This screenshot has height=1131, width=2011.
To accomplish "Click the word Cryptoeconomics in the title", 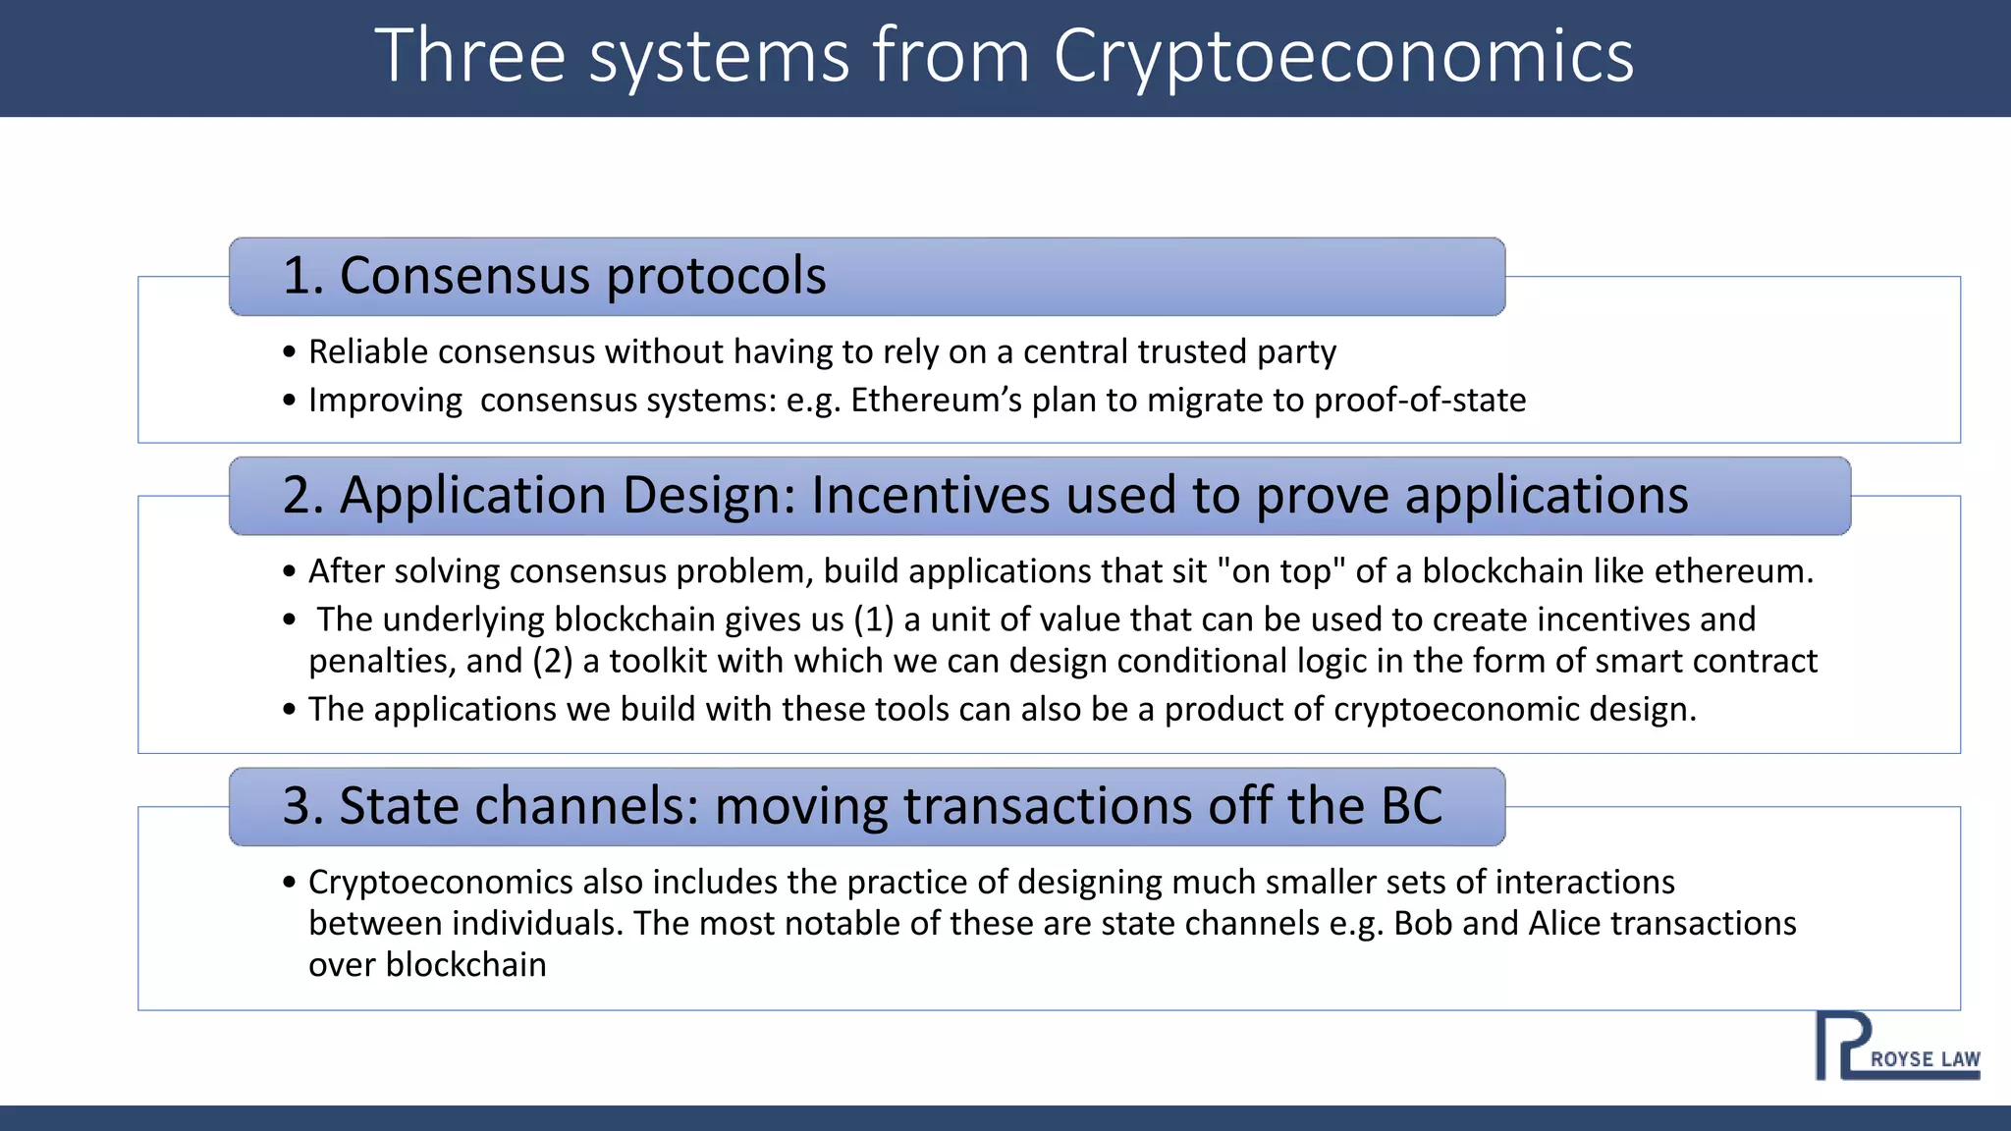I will [x=1343, y=57].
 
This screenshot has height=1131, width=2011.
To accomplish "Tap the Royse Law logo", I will [x=1897, y=1047].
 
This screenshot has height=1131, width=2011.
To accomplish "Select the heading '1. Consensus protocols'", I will [x=554, y=276].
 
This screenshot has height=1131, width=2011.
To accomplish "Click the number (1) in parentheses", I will [x=873, y=619].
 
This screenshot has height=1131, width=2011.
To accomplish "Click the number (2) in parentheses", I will [x=552, y=661].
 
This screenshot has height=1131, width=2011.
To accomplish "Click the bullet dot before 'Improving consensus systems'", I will [x=289, y=401].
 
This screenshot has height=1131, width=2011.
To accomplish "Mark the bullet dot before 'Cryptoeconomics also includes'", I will [x=289, y=883].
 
